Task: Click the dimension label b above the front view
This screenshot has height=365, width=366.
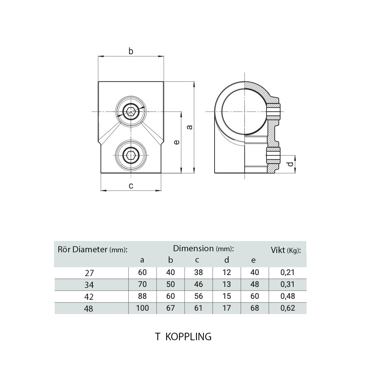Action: [131, 51]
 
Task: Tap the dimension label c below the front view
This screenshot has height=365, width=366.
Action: [131, 185]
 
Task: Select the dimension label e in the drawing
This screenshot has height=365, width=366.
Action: [176, 143]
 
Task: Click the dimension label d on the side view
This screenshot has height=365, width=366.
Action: [290, 164]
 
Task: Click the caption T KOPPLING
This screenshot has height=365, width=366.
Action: [183, 336]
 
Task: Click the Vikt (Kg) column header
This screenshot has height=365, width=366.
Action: [286, 251]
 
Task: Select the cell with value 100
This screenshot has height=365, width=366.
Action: [142, 308]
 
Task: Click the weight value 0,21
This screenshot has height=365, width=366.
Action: [288, 272]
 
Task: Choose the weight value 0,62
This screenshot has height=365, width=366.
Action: [288, 308]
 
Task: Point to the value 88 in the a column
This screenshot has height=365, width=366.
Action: [142, 296]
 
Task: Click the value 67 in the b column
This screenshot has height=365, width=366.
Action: [170, 308]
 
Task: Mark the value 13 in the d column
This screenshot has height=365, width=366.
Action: [226, 284]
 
